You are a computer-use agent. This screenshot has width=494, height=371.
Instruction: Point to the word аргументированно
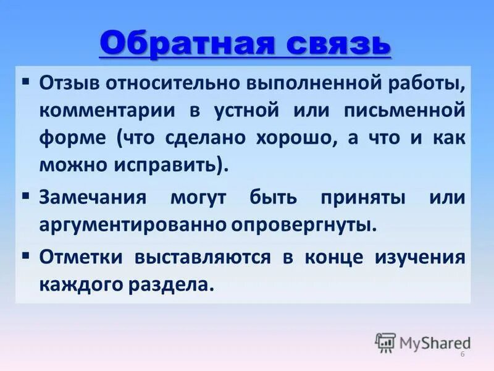[132, 224]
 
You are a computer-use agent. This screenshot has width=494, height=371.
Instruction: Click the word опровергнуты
[304, 224]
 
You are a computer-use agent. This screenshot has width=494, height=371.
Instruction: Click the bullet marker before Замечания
[26, 196]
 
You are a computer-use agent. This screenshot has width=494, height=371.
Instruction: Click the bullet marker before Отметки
[26, 255]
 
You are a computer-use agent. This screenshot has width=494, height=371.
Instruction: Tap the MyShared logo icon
[385, 342]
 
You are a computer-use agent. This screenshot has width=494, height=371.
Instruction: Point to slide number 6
[462, 354]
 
